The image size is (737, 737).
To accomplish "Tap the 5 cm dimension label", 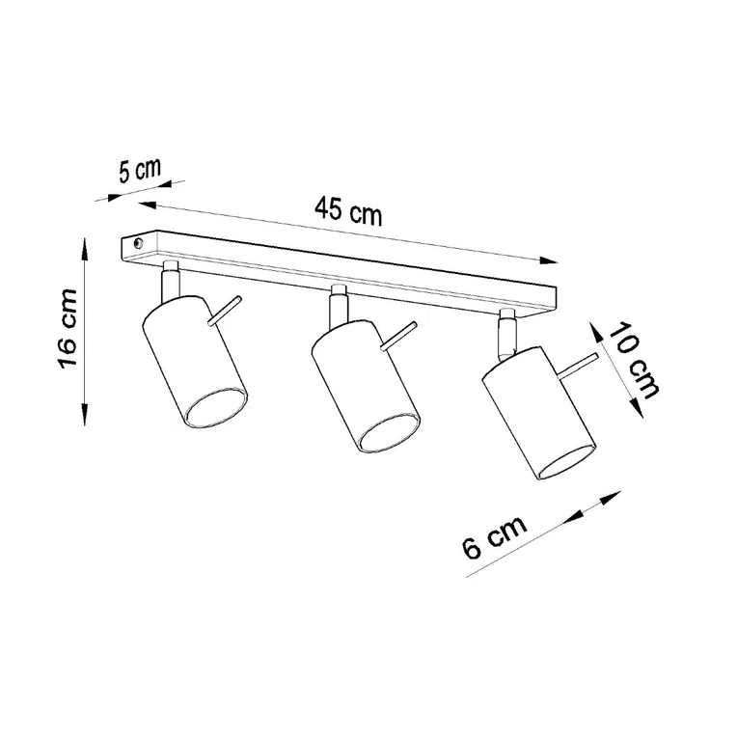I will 139,173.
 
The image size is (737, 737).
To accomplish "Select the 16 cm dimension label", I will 67,329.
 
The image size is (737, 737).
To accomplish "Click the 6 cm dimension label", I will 494,535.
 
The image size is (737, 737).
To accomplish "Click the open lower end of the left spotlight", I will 217,410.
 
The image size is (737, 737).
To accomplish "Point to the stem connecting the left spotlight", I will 170,279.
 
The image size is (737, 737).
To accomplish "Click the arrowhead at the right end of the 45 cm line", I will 551,259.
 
